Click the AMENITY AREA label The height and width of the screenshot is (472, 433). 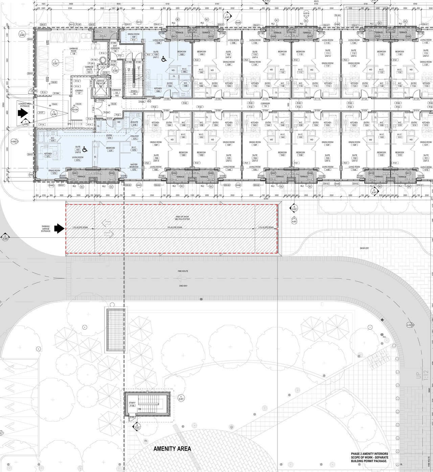click(172, 449)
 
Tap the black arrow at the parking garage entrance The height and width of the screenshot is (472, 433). click(60, 229)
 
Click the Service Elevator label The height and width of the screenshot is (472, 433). click(100, 82)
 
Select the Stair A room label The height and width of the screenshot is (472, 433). click(134, 92)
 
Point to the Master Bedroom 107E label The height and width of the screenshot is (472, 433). click(134, 167)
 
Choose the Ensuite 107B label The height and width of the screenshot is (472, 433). click(134, 123)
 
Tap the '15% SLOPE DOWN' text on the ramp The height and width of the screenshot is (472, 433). click(175, 228)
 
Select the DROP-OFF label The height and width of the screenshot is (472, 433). click(364, 248)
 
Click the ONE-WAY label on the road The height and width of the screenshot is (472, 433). click(183, 286)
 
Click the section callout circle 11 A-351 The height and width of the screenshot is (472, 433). click(181, 398)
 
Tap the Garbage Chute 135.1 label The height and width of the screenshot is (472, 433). click(89, 70)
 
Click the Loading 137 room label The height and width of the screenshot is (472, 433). click(79, 92)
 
